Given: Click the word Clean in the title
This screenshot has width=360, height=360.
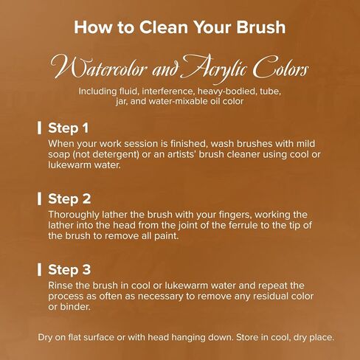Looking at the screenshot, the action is pyautogui.click(x=164, y=27).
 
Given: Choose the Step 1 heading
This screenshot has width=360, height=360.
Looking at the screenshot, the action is pyautogui.click(x=68, y=128).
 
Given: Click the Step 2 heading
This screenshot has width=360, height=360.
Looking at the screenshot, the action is pyautogui.click(x=69, y=199).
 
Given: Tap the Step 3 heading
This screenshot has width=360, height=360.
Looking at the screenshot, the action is pyautogui.click(x=69, y=270).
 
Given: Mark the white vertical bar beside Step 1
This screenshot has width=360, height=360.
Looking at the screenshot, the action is pyautogui.click(x=39, y=128).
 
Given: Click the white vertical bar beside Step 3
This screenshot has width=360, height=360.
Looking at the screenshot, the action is pyautogui.click(x=39, y=269).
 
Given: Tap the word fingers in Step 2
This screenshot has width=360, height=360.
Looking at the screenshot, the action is pyautogui.click(x=238, y=215).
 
